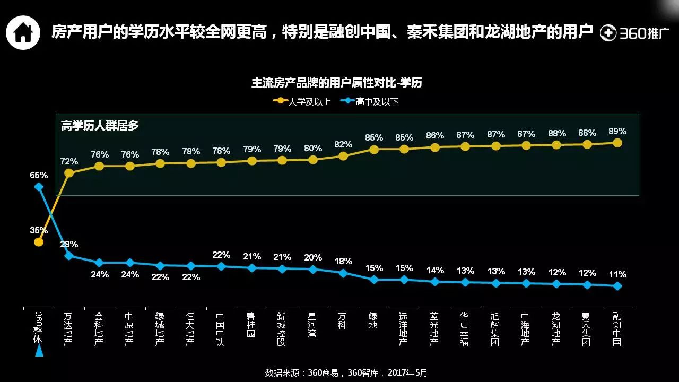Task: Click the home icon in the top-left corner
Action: [23, 32]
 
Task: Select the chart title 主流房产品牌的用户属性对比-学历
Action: [336, 83]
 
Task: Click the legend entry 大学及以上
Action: [303, 101]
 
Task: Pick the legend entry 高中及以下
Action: [371, 101]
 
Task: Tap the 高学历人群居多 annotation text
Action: [100, 126]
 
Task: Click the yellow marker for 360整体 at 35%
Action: [39, 242]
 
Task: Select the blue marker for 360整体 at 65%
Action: [39, 186]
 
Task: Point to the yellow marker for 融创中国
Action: [617, 143]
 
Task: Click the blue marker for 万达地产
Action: [69, 256]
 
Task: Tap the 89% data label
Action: [617, 131]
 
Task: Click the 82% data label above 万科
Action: [343, 144]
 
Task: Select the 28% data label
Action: [69, 244]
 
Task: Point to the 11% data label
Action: [617, 274]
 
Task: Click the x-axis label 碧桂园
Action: [251, 325]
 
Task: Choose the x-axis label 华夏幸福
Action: [465, 329]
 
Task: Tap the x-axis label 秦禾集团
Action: [586, 329]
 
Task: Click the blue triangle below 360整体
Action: [39, 351]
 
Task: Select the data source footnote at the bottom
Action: [346, 372]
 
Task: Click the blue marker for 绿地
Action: [374, 280]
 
